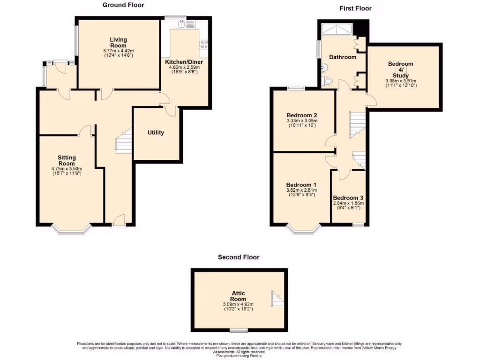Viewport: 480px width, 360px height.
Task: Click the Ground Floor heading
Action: [x=123, y=5]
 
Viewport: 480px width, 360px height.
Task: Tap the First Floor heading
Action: [x=355, y=8]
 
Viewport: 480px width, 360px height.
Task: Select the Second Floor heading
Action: [x=238, y=257]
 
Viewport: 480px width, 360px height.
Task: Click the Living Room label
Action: [x=119, y=43]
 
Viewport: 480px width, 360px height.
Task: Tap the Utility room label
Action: [x=156, y=133]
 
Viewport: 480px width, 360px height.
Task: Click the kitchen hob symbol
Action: [x=204, y=45]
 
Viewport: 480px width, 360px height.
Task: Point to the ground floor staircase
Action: [x=122, y=141]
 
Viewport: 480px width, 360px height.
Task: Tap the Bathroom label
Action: [x=342, y=57]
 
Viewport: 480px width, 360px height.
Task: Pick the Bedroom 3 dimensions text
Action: [x=348, y=205]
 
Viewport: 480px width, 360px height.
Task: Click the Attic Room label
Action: [x=238, y=296]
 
